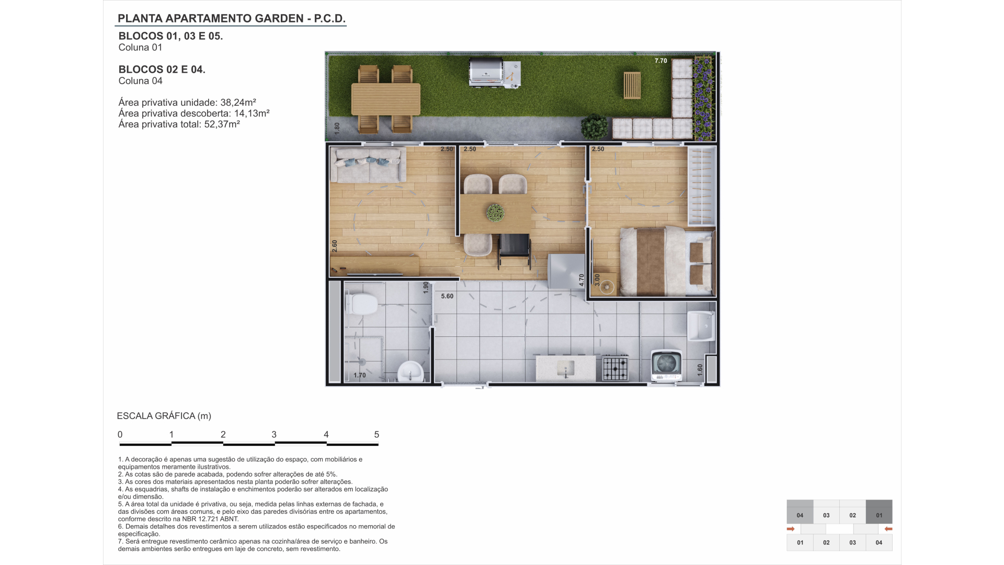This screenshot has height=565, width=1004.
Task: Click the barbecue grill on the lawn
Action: click(495, 72)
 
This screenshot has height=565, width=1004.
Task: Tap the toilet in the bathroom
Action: click(362, 303)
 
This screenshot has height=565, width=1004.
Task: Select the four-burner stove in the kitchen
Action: click(615, 367)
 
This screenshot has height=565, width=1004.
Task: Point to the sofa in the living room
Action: click(368, 165)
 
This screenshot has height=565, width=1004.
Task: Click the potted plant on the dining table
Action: click(495, 213)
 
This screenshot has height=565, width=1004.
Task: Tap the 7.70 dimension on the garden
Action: click(661, 61)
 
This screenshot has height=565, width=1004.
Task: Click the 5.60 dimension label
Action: click(447, 296)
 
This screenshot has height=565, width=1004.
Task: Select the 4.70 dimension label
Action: click(581, 280)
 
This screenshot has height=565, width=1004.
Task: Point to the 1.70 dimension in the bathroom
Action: click(360, 375)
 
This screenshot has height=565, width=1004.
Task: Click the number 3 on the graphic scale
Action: click(274, 434)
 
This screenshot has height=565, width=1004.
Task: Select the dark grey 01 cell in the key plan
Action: click(879, 512)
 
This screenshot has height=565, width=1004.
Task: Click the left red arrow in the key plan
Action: click(791, 529)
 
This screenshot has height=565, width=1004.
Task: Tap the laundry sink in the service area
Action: click(701, 325)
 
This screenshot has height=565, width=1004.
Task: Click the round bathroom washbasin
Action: click(410, 372)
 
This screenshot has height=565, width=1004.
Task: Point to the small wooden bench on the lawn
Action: click(632, 85)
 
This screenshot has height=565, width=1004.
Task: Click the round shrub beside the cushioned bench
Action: click(595, 127)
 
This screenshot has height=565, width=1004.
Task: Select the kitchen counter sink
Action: click(565, 368)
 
